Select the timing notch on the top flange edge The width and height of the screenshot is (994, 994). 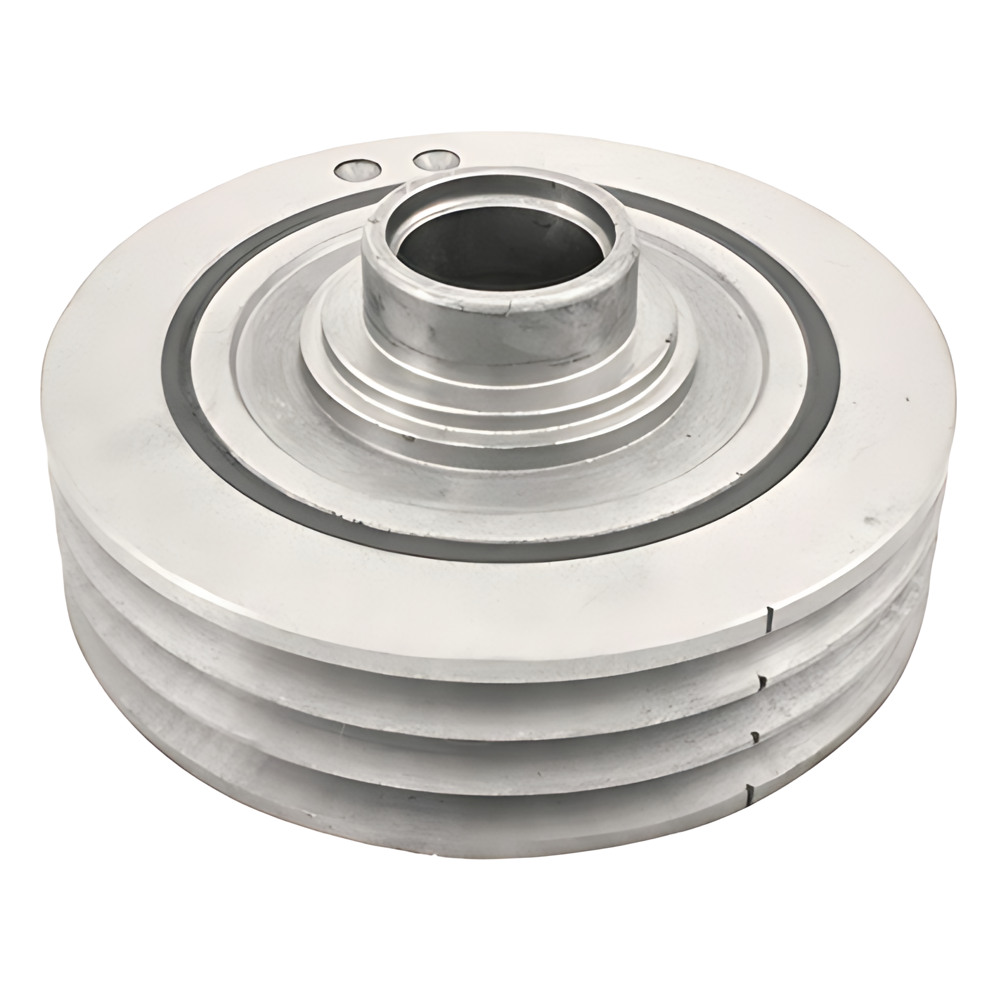click(770, 618)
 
